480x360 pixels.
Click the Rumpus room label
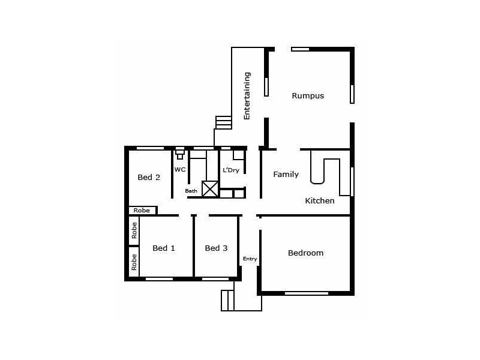(x=308, y=95)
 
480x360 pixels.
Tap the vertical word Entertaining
(x=247, y=96)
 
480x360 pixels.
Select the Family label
(x=286, y=175)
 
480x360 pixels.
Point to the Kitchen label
(x=320, y=201)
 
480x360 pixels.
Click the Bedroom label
(x=305, y=253)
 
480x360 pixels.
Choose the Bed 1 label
(x=164, y=248)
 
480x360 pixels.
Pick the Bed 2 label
(x=149, y=177)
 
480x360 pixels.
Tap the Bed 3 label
(x=216, y=248)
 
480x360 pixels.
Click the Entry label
(x=250, y=259)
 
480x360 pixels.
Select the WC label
(x=180, y=170)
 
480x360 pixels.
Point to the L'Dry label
(x=231, y=170)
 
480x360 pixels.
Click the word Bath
(x=191, y=191)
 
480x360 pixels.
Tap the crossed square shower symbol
(x=210, y=189)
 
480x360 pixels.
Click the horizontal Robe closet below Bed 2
(x=142, y=211)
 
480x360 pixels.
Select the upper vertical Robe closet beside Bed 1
(x=134, y=231)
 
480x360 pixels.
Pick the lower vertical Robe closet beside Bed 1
(x=134, y=262)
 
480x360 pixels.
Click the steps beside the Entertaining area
(x=224, y=122)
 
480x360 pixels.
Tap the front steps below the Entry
(x=227, y=301)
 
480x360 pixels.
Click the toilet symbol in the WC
(x=180, y=154)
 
